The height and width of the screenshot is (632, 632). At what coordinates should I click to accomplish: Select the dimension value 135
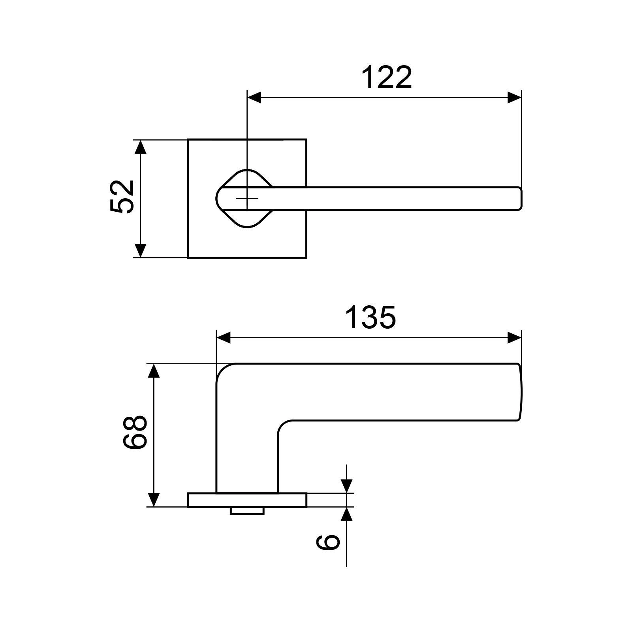point(370,317)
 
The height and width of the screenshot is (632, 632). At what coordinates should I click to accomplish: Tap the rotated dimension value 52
point(122,197)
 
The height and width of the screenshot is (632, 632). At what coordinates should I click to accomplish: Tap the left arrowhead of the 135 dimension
point(224,338)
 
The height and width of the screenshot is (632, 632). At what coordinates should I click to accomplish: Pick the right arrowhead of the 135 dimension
point(514,338)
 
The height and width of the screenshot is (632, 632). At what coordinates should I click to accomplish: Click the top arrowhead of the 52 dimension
point(141,147)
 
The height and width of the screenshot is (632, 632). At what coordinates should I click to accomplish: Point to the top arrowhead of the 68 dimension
point(154,371)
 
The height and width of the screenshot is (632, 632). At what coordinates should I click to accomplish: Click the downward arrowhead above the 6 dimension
point(346,486)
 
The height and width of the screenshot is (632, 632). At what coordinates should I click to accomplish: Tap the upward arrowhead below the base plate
point(346,514)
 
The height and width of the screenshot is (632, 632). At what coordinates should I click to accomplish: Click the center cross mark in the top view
point(247,198)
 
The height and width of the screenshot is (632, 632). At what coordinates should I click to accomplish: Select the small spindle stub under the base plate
point(247,511)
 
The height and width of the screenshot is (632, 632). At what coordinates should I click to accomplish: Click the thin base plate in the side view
point(247,500)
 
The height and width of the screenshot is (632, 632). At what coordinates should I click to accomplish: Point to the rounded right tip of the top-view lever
point(520,198)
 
